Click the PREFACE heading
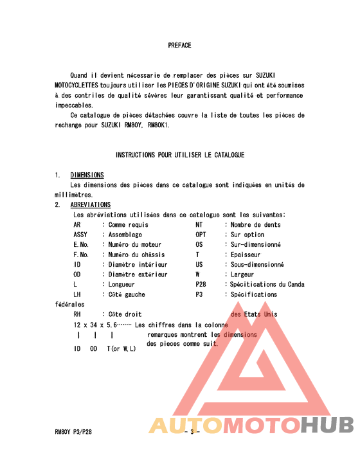click(179, 46)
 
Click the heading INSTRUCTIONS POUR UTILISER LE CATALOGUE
click(179, 155)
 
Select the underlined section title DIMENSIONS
click(87, 175)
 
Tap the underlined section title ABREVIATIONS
click(90, 204)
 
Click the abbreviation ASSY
click(80, 235)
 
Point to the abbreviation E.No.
click(81, 244)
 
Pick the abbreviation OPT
click(201, 235)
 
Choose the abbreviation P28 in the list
click(201, 284)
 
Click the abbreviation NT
click(199, 225)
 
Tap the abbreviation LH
click(77, 294)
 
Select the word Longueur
click(122, 284)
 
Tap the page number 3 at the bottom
click(192, 432)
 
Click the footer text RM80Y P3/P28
click(73, 432)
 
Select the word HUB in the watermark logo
click(327, 425)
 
